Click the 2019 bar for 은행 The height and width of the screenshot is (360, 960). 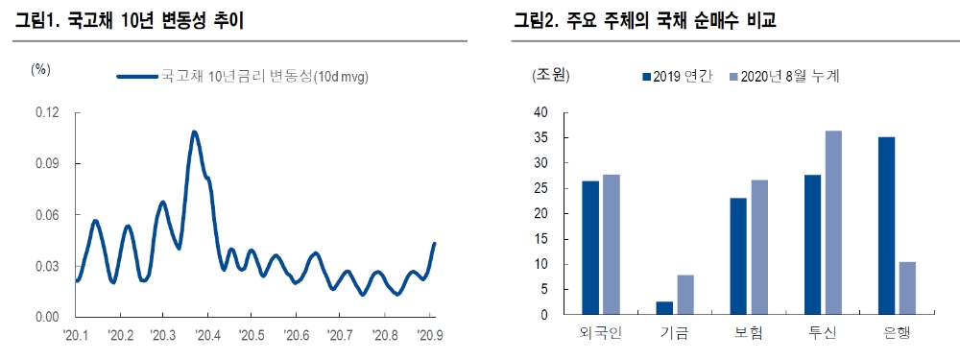click(887, 227)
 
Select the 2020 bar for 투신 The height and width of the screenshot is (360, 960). click(832, 223)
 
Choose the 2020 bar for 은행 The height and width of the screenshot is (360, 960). click(907, 288)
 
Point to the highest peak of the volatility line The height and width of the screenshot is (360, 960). click(194, 132)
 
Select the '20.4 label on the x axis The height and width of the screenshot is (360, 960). click(206, 335)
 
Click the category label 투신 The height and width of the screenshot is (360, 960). click(823, 334)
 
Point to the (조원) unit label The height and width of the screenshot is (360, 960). click(551, 75)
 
